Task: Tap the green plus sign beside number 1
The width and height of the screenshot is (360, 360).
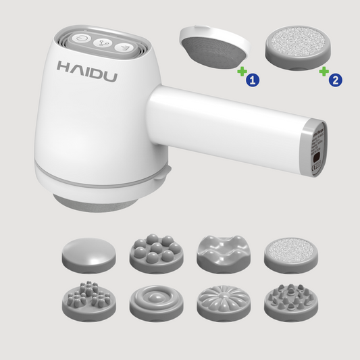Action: click(240, 70)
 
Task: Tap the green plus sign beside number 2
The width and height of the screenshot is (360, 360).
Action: click(324, 70)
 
